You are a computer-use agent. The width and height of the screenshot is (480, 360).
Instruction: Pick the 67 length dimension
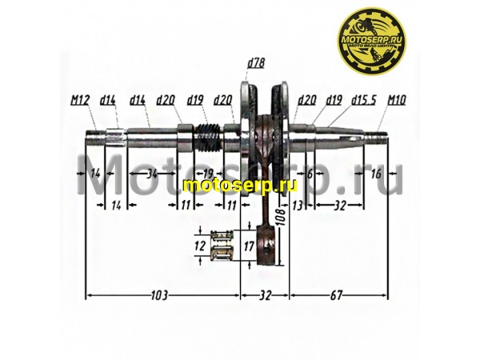click(339, 295)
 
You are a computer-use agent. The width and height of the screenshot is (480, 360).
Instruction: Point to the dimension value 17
click(250, 246)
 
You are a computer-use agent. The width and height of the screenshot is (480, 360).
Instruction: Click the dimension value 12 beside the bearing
click(200, 246)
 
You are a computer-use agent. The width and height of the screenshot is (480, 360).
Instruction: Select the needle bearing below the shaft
click(221, 246)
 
